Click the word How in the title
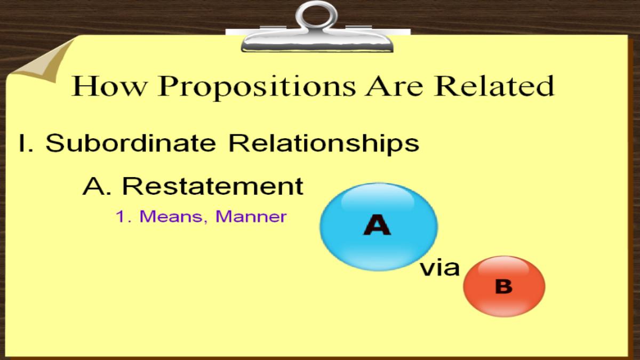[109, 86]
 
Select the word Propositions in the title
[257, 87]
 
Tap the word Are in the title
[394, 86]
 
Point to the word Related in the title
[494, 86]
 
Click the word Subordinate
[131, 143]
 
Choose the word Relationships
[324, 145]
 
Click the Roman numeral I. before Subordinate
[26, 143]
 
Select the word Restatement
[213, 186]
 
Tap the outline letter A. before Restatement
[97, 186]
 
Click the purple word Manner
[251, 217]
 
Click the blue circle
[379, 227]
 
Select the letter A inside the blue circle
[377, 225]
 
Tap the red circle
[505, 286]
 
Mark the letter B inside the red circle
[503, 286]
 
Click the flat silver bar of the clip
[317, 43]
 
